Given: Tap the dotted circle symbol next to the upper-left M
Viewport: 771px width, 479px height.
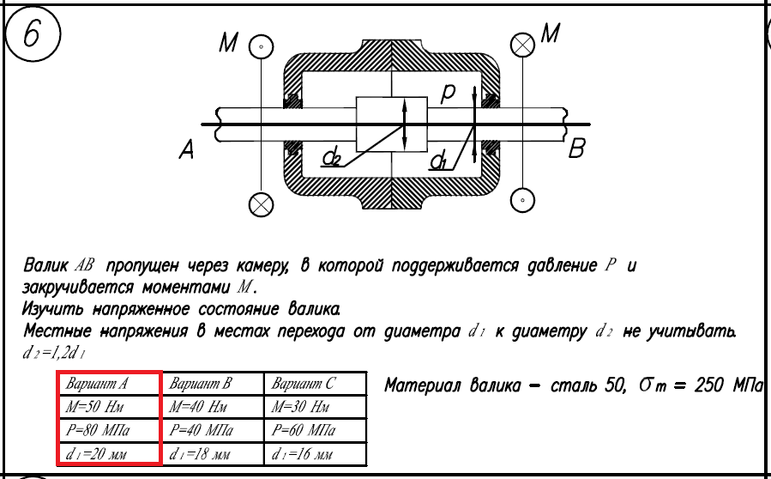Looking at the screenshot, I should coord(260,46).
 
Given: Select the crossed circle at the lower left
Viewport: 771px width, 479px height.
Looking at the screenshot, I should coord(260,203).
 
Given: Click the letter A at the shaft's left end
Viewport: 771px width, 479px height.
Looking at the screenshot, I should coord(188,151).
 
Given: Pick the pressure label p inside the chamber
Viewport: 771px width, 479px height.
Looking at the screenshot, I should coord(448,93).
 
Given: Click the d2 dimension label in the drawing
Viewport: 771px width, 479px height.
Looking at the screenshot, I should coord(332,157).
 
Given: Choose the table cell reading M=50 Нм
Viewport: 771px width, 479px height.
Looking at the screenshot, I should coord(108,406).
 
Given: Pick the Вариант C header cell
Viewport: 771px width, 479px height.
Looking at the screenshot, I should coord(315,384).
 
